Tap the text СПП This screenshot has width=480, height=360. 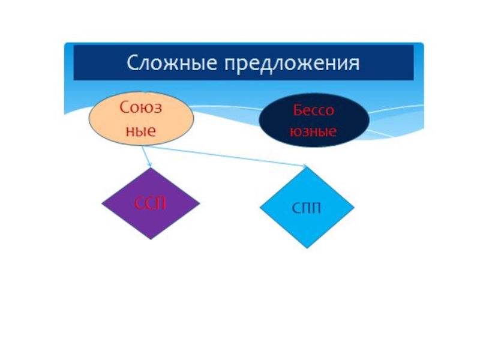(307, 209)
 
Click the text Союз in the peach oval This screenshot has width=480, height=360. (142, 109)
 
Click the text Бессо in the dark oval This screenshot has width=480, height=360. (313, 110)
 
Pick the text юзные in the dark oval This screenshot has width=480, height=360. (313, 130)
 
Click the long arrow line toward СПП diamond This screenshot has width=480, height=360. (228, 155)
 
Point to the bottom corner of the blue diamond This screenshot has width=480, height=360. (307, 247)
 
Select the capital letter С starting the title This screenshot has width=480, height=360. (132, 62)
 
